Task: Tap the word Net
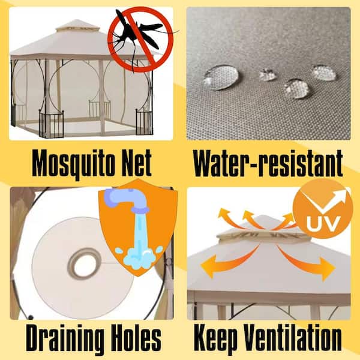[137, 163]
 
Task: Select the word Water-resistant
[268, 163]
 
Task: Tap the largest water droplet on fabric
[221, 77]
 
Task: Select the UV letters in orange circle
[323, 224]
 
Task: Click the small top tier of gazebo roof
[77, 26]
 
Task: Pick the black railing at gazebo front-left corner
[51, 124]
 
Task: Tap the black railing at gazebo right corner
[144, 122]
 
